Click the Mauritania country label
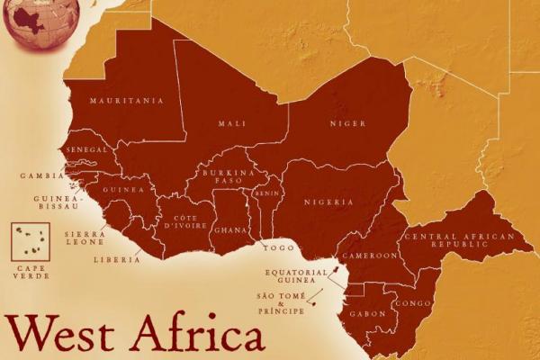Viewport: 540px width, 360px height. (127, 101)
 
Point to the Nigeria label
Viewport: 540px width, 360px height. (328, 202)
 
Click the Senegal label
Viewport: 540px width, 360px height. (87, 148)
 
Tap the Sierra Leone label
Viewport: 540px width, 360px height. (86, 238)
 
